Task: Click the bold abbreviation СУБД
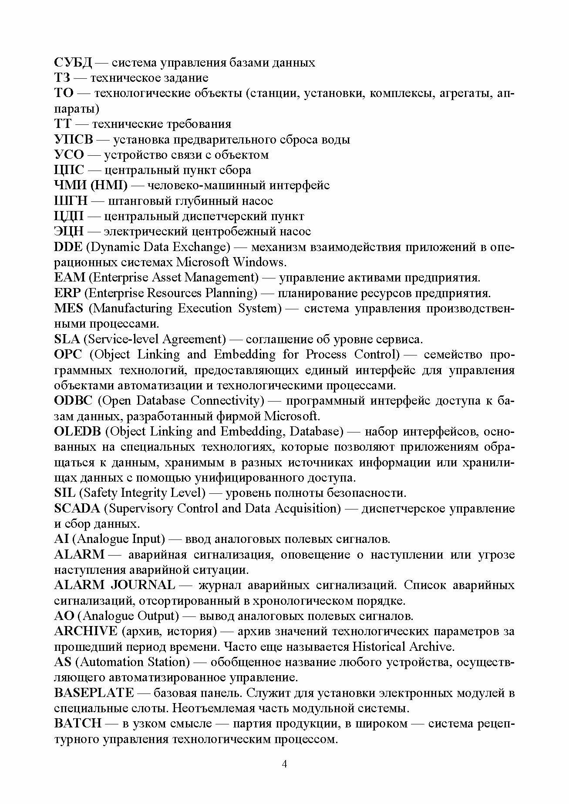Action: click(x=73, y=63)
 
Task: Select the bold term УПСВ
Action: click(x=73, y=140)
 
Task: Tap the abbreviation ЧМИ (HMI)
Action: click(x=91, y=186)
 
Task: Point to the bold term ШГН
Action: click(x=71, y=201)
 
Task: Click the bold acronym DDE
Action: click(x=68, y=247)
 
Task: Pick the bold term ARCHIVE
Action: click(x=85, y=631)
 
